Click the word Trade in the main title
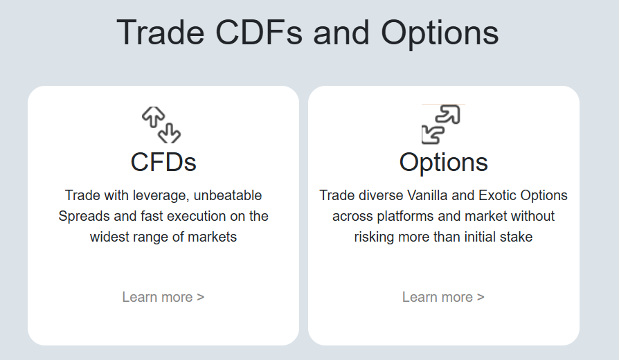(161, 33)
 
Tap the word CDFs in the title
(259, 33)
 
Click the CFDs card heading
(163, 162)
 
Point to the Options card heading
(444, 163)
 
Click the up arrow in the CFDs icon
(154, 117)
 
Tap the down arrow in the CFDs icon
(170, 134)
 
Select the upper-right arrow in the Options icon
(449, 114)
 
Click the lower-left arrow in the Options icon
(432, 134)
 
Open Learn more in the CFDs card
(163, 297)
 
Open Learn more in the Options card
(443, 297)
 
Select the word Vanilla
(427, 195)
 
